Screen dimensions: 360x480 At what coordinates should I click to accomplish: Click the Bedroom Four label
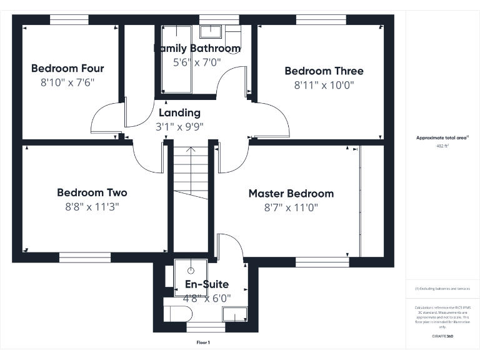tap(67, 68)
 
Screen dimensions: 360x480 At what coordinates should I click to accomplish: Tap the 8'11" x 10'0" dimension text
tap(324, 86)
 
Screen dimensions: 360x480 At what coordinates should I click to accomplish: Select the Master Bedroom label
tap(291, 193)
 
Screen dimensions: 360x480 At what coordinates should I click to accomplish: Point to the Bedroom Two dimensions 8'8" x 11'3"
tap(92, 207)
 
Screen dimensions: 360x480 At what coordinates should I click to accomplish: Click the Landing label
tap(179, 112)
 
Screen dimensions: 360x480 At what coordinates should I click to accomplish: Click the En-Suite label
tap(207, 284)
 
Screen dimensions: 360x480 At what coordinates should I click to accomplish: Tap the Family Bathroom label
tap(197, 48)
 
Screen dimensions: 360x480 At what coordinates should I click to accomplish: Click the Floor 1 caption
tap(203, 342)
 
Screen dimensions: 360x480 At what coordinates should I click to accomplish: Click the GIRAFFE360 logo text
tap(442, 336)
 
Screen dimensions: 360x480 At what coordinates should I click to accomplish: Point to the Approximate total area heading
tap(442, 137)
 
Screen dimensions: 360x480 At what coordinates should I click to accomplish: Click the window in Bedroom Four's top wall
tap(69, 19)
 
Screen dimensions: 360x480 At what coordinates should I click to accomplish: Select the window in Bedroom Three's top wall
tap(321, 19)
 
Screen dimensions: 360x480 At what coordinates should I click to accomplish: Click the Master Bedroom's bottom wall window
tap(321, 261)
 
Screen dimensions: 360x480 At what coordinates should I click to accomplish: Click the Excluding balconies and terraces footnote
tap(442, 289)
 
